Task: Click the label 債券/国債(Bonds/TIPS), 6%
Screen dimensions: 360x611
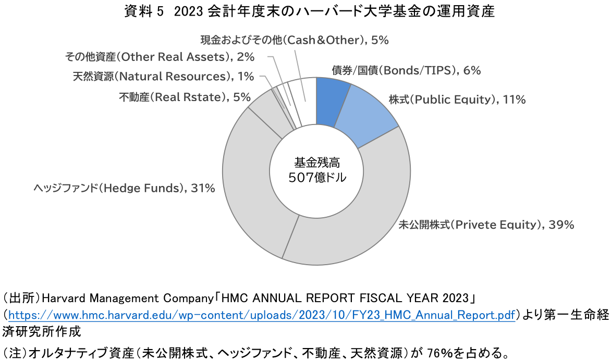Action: click(x=406, y=71)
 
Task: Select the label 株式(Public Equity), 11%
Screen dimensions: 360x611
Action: click(x=457, y=100)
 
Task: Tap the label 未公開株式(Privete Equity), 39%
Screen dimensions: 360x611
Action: click(x=486, y=225)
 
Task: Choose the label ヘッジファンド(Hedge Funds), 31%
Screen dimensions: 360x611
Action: click(x=124, y=188)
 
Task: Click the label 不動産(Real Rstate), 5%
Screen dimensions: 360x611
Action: click(x=185, y=97)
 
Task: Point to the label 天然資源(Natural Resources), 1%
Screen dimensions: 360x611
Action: click(x=163, y=77)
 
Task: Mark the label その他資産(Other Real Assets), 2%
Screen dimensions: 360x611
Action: click(x=160, y=56)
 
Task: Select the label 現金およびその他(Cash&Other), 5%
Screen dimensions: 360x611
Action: click(x=295, y=40)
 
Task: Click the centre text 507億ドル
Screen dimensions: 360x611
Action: click(x=316, y=177)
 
